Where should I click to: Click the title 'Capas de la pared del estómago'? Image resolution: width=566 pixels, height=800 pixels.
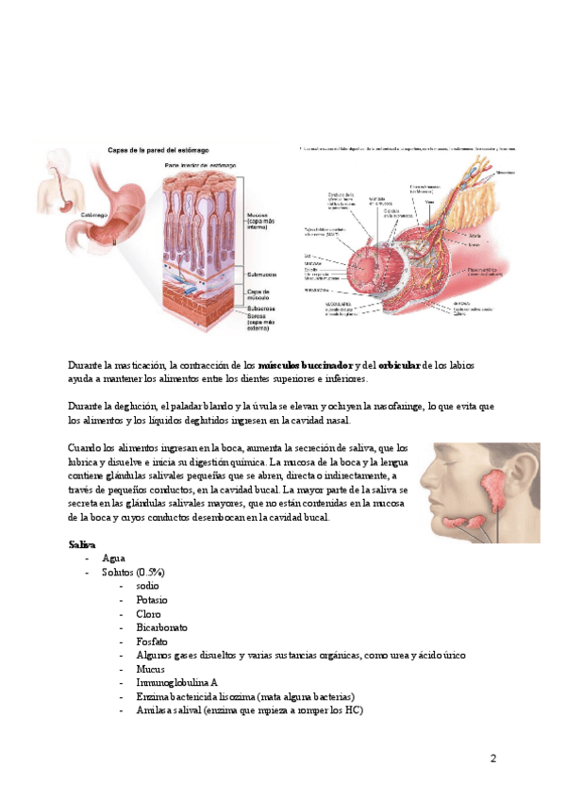coord(158,150)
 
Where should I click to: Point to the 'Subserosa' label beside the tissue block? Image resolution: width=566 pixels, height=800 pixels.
coord(261,308)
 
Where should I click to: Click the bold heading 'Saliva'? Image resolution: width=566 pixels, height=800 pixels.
coord(81,545)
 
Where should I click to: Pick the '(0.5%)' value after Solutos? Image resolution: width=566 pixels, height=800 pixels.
coord(149,573)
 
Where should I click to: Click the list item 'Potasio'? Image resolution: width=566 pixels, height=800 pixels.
coord(153,600)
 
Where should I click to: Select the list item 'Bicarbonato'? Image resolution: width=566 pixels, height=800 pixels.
coord(161,627)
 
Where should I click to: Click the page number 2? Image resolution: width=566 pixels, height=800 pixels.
coord(492,758)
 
